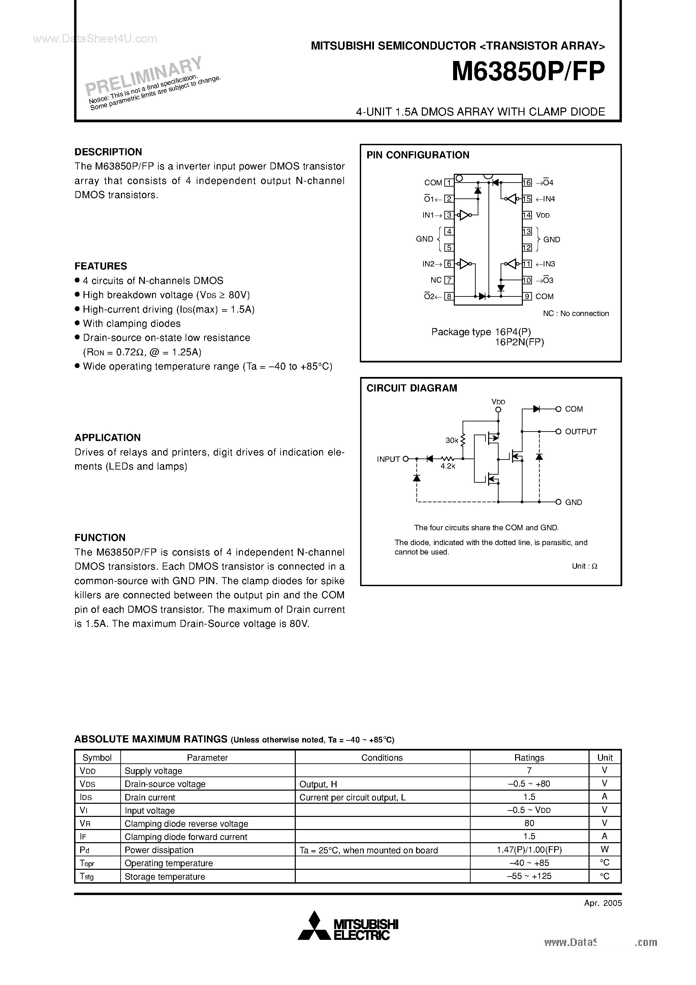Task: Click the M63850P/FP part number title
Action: pos(528,72)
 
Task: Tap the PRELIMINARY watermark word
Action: pos(143,75)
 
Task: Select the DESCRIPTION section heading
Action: pos(108,152)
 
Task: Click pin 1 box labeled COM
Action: pos(449,183)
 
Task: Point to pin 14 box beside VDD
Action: pos(527,215)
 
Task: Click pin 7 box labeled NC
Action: pos(449,280)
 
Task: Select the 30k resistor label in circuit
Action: pos(451,441)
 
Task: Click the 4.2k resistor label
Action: pos(448,466)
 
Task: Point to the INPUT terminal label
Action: pos(388,459)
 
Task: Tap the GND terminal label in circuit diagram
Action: pos(573,502)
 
